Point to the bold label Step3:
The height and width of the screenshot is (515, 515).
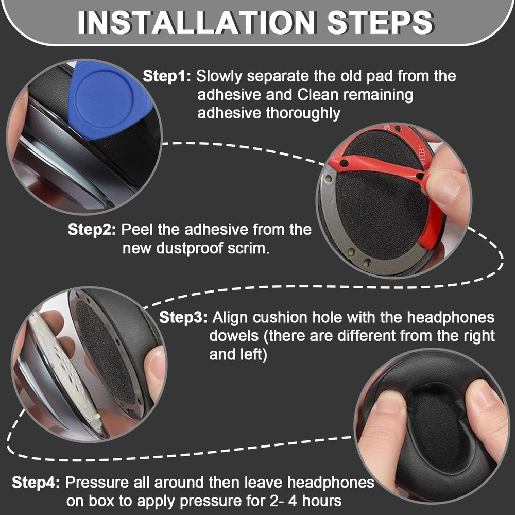(x=183, y=317)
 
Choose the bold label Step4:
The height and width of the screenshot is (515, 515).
(x=37, y=483)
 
